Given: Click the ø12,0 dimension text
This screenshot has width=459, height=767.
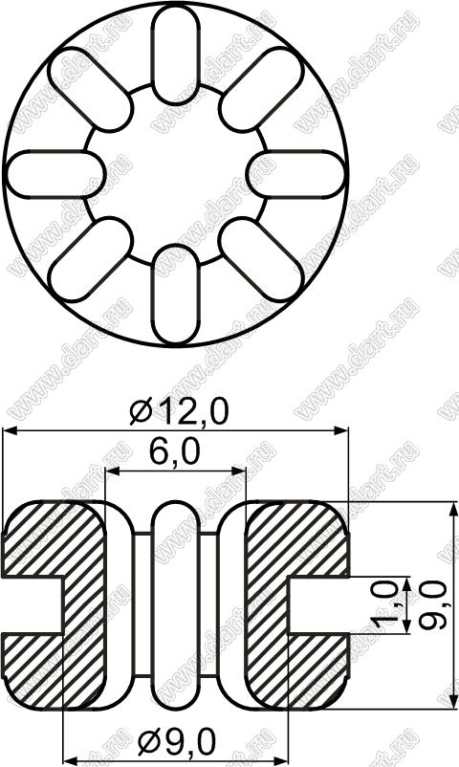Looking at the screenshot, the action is [x=179, y=413].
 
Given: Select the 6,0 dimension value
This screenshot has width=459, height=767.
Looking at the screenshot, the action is [x=175, y=453].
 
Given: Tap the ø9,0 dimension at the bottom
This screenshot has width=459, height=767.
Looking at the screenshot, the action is [x=177, y=743].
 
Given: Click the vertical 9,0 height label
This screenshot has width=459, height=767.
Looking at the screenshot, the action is [x=433, y=605].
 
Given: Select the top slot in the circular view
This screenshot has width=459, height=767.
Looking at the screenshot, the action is [x=176, y=55].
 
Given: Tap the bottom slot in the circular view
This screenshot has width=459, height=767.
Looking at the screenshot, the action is [x=176, y=294].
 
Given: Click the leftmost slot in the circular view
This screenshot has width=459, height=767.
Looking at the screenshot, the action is [x=55, y=175].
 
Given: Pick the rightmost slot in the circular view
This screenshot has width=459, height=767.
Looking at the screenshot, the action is [x=295, y=175].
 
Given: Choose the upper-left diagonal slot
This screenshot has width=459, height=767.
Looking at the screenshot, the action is [x=91, y=90].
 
